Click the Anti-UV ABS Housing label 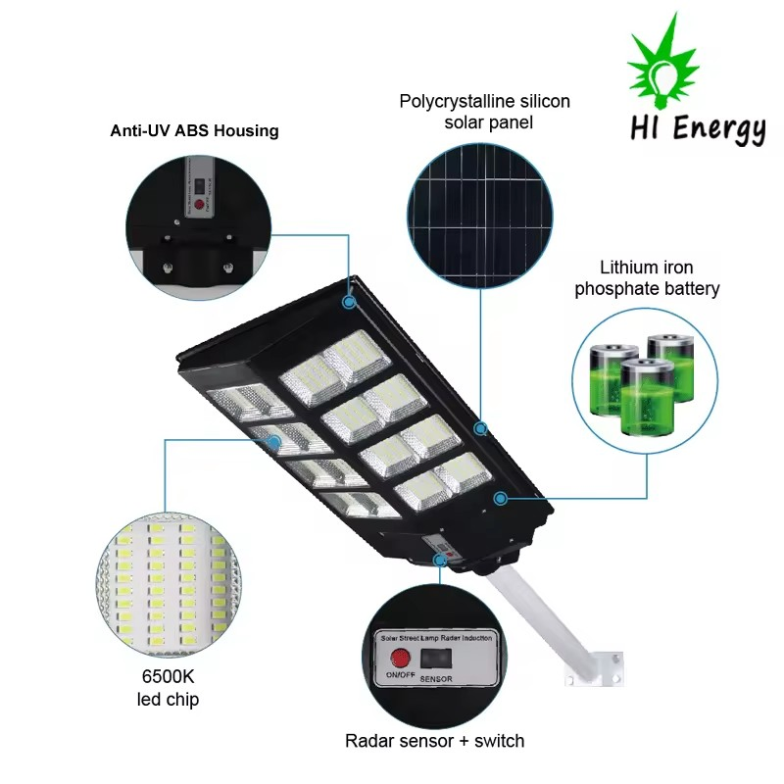(194, 130)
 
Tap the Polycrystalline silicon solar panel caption (484, 111)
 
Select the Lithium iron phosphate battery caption (647, 278)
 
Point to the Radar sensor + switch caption (434, 741)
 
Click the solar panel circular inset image (480, 208)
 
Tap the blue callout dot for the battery (500, 499)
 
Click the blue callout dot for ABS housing (349, 303)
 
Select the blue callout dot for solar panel (480, 428)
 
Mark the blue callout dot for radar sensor (441, 560)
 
